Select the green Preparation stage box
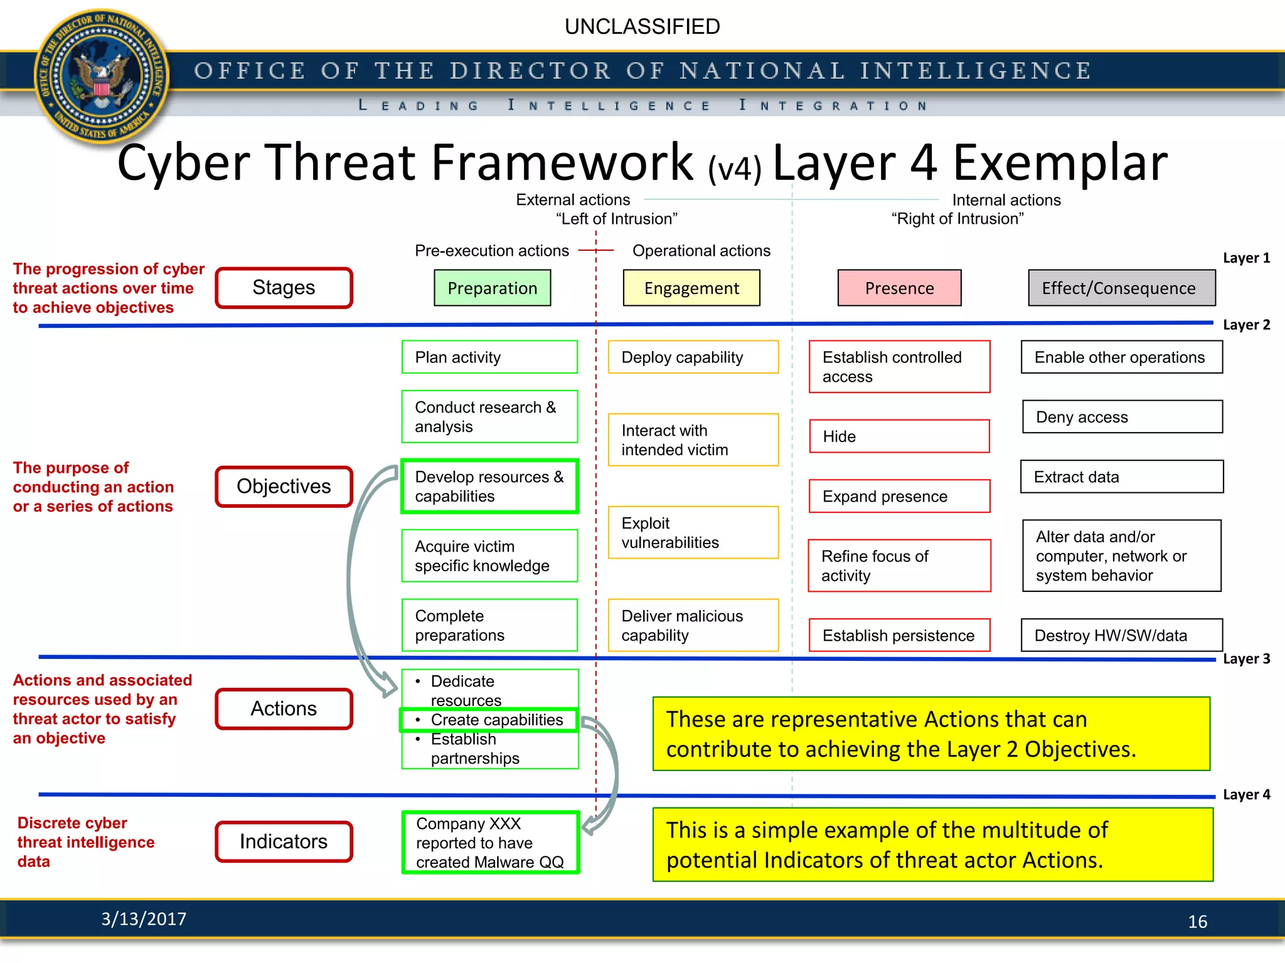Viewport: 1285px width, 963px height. (492, 288)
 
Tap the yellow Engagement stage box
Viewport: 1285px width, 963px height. (691, 288)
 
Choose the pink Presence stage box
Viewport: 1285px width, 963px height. (898, 288)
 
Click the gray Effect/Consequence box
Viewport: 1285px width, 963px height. (1121, 288)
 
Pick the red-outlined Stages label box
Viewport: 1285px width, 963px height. (284, 288)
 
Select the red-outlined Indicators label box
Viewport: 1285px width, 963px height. (284, 841)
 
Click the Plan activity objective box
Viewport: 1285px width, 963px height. (489, 357)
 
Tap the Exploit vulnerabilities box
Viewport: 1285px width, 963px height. (693, 532)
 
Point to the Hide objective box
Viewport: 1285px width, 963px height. (898, 436)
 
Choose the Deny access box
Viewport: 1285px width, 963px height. (1122, 417)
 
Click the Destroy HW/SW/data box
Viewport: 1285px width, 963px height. (1121, 635)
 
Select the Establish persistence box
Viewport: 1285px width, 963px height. (898, 635)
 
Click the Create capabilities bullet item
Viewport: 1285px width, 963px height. (489, 720)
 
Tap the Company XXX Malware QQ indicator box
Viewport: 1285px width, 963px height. (490, 842)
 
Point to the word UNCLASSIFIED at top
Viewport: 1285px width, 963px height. (642, 27)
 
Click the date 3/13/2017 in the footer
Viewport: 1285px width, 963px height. (144, 918)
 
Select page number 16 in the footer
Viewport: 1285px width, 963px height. (1197, 922)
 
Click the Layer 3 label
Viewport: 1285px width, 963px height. (1246, 659)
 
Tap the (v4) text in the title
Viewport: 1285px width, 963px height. (734, 168)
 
